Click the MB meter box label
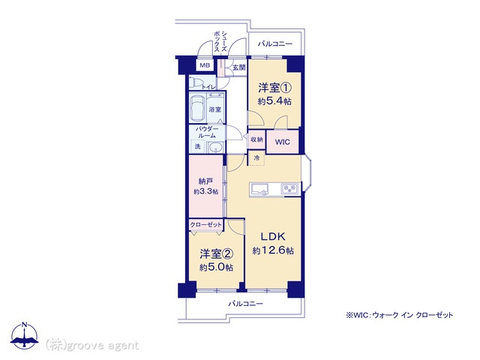pyautogui.click(x=205, y=65)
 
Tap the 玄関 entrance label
pyautogui.click(x=238, y=67)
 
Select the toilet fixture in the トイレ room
pyautogui.click(x=196, y=83)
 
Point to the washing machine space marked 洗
pyautogui.click(x=198, y=146)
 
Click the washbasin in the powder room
pyautogui.click(x=217, y=148)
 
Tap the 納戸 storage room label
pyautogui.click(x=205, y=181)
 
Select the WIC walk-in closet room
pyautogui.click(x=282, y=142)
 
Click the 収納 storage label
pyautogui.click(x=256, y=139)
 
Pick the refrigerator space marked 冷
pyautogui.click(x=256, y=158)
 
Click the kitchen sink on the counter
pyautogui.click(x=259, y=189)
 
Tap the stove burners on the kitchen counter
pyautogui.click(x=290, y=188)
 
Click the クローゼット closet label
pyautogui.click(x=205, y=225)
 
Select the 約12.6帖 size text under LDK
pyautogui.click(x=273, y=250)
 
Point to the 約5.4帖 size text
pyautogui.click(x=274, y=101)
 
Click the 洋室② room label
pyautogui.click(x=217, y=253)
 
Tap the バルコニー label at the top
pyautogui.click(x=275, y=43)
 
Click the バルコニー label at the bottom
pyautogui.click(x=246, y=304)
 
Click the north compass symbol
pyautogui.click(x=25, y=335)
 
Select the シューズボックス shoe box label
pyautogui.click(x=220, y=41)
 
